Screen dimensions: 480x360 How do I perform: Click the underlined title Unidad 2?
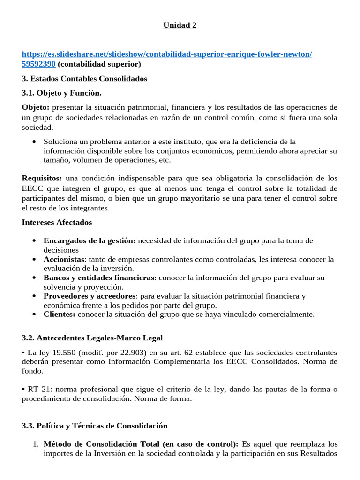[x=180, y=25]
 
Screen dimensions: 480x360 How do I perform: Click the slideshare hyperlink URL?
[x=167, y=54]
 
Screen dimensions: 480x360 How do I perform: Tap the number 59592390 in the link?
[x=39, y=64]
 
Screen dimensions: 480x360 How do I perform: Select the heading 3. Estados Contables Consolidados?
[x=84, y=78]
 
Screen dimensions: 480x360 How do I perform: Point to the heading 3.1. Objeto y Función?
[x=61, y=93]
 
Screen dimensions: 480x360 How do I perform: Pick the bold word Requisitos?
[x=42, y=178]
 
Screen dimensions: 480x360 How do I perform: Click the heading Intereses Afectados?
[x=57, y=222]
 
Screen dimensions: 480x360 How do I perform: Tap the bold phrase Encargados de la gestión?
[x=90, y=240]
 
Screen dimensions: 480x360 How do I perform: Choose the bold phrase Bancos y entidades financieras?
[x=98, y=277]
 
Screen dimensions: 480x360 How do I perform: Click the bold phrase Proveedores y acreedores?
[x=90, y=296]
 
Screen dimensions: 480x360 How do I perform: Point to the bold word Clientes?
[x=59, y=314]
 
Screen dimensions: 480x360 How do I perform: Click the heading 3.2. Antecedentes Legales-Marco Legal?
[x=92, y=337]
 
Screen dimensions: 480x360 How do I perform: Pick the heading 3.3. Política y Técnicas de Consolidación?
[x=94, y=426]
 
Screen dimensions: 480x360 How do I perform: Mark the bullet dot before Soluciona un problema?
[x=35, y=142]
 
